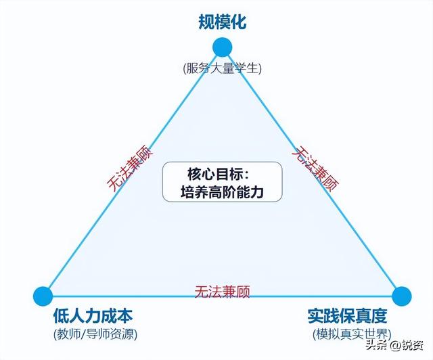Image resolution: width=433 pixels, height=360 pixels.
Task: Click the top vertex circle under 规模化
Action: coord(223,47)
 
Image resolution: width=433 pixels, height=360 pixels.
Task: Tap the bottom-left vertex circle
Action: coord(43,296)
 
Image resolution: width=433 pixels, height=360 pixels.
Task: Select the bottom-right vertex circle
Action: coord(401,296)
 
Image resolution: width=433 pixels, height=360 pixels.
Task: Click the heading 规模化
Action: coord(223,22)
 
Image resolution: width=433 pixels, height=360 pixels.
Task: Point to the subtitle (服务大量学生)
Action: coord(222,68)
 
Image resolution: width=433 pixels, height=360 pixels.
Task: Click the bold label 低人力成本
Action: coord(93,316)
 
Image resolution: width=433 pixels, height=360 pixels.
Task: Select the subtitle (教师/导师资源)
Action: coord(95,334)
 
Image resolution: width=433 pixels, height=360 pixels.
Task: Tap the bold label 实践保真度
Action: coord(347,316)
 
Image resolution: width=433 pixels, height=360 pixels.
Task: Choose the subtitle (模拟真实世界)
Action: coord(352,334)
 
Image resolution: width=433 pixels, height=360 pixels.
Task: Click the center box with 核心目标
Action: coord(223,182)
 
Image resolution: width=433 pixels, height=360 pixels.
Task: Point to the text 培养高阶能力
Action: coord(222,192)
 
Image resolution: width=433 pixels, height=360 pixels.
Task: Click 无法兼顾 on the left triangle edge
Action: coord(129,168)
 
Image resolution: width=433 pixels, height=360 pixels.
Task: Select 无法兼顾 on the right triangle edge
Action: coord(315,168)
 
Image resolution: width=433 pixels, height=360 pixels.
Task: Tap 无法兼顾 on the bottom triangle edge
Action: coord(223,292)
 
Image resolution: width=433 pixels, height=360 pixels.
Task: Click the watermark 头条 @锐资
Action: coord(394,345)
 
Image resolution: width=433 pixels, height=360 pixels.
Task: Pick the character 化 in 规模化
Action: coord(238,22)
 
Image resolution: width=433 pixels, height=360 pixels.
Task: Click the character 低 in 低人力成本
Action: coord(61,316)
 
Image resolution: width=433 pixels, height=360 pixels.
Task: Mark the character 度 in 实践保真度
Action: coord(379,316)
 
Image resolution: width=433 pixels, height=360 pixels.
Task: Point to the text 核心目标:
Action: coord(219,174)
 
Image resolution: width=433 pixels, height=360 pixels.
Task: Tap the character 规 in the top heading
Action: coord(206,22)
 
